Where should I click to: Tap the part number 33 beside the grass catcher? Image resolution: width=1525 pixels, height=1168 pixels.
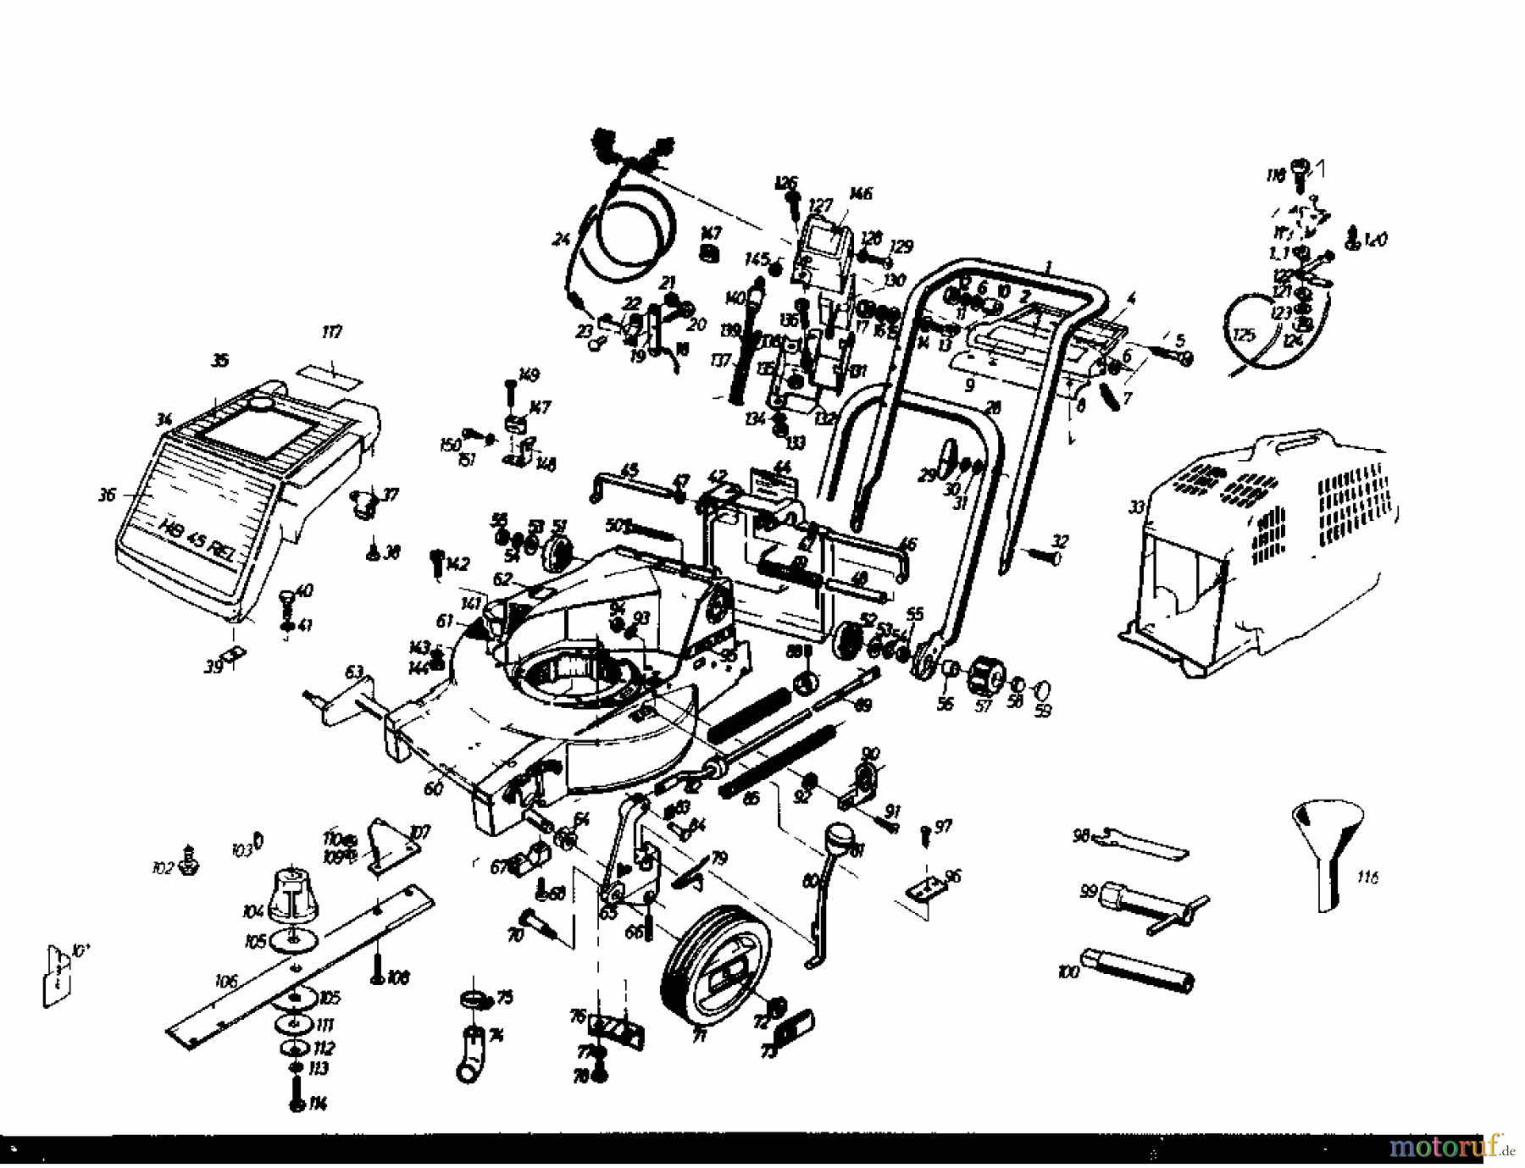[1137, 507]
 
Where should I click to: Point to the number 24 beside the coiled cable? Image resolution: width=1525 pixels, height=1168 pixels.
[561, 240]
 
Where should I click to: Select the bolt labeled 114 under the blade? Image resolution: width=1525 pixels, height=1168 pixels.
[296, 1094]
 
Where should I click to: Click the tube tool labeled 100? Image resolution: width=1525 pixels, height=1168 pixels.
[1140, 970]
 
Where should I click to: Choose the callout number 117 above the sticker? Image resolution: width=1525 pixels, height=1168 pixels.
[332, 331]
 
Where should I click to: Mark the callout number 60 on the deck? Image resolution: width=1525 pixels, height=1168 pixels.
[434, 788]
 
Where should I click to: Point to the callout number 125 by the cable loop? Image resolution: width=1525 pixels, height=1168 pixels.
[1244, 335]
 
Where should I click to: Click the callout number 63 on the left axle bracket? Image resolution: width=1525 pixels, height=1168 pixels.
[355, 673]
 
